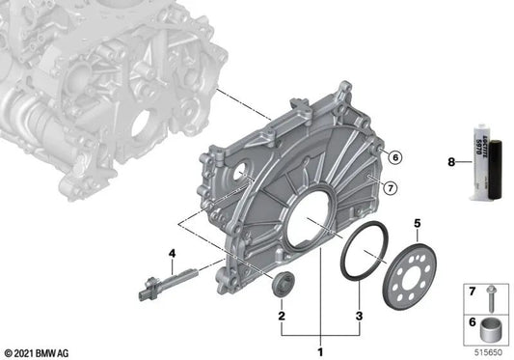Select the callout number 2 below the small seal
click(281, 316)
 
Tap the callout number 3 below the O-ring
click(360, 316)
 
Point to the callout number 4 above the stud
click(172, 254)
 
